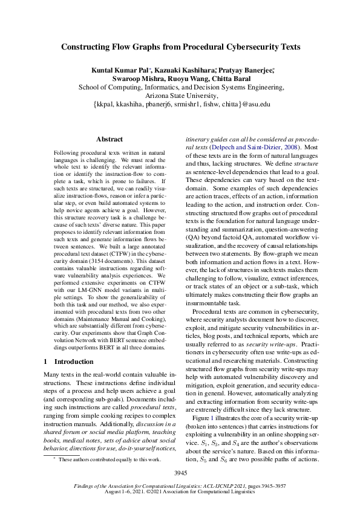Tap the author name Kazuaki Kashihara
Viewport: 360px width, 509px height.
pos(180,71)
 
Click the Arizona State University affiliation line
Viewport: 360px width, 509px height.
pos(180,95)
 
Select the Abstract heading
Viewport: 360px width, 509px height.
pos(109,139)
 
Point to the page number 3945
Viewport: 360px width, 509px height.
pos(180,472)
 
